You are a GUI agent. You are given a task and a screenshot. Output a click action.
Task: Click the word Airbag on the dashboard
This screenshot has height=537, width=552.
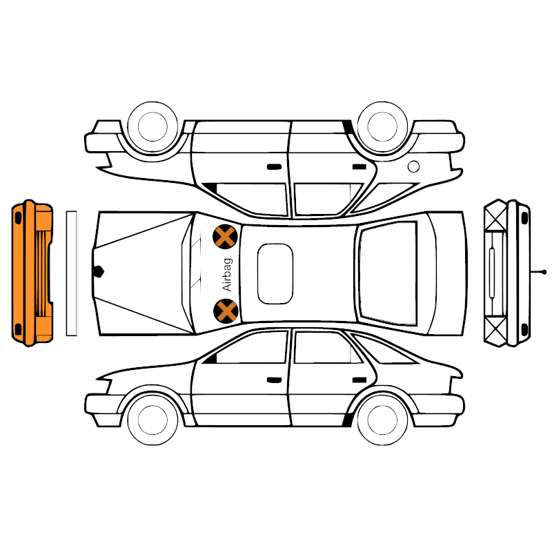point(228,275)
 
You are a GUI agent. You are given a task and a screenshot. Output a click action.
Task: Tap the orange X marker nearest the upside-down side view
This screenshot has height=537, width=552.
point(226,237)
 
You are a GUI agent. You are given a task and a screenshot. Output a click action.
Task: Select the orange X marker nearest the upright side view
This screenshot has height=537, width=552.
point(226,311)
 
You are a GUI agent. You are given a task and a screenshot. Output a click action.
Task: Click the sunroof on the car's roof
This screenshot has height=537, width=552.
point(275,273)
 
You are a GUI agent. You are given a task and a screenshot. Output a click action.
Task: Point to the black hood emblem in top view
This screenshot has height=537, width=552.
point(98,271)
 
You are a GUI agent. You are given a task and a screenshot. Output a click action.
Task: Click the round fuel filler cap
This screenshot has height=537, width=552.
point(413,166)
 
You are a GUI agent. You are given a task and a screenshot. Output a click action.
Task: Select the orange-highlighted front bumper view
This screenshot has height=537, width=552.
point(32,273)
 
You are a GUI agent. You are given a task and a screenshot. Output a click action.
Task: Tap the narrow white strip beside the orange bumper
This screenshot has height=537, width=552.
point(72,273)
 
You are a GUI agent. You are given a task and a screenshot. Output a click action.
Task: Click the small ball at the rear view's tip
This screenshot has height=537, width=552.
point(544,272)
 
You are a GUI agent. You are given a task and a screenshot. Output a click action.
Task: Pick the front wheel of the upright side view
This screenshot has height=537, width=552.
point(152,420)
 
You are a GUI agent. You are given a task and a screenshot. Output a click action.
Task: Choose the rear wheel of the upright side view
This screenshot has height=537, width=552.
point(382,420)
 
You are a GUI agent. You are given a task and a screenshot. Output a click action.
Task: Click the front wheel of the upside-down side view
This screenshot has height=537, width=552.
point(152,127)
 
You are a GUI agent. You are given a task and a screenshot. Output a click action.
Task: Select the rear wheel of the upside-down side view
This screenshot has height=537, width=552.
point(382,127)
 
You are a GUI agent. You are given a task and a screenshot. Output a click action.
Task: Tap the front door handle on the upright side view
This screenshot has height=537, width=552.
point(274,380)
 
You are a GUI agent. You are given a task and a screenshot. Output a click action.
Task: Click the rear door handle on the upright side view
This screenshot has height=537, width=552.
point(359,380)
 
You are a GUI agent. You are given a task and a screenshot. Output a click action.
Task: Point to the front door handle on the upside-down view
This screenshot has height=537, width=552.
point(274,166)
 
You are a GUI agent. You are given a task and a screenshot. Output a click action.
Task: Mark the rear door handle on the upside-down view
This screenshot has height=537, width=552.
point(359,166)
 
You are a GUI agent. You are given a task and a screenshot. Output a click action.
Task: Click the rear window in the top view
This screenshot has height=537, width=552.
point(388,273)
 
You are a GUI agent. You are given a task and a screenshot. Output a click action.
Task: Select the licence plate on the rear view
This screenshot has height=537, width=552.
point(492,273)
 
